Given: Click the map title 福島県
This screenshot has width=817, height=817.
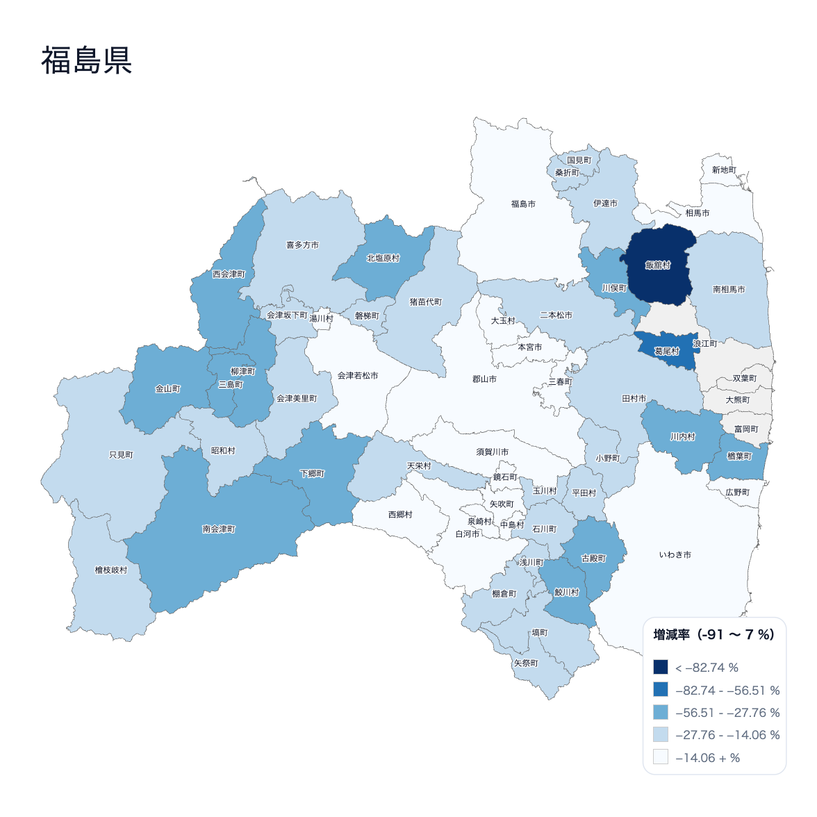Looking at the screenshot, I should click(x=86, y=60).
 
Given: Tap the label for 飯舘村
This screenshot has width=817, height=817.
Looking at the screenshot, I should click(x=658, y=265).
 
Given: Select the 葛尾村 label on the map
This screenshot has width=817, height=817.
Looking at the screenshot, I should click(x=666, y=352).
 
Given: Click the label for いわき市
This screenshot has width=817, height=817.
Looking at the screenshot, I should click(x=675, y=555).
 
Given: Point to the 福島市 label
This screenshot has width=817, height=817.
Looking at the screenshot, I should click(x=523, y=204).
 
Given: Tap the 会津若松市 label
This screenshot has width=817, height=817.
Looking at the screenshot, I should click(x=358, y=376).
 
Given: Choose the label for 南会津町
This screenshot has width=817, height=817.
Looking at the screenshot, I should click(x=219, y=529).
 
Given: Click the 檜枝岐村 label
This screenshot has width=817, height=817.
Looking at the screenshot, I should click(x=111, y=570).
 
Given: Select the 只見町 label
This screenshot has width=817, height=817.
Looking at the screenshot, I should click(x=121, y=455).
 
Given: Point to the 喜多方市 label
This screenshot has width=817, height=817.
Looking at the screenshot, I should click(x=302, y=245).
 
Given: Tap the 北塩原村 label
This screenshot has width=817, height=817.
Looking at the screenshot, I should click(x=383, y=258).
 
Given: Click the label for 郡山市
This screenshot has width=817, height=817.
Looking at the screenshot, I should click(x=484, y=379).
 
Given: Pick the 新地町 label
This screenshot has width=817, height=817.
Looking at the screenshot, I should click(x=724, y=170).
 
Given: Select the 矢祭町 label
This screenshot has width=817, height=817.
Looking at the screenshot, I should click(x=526, y=663).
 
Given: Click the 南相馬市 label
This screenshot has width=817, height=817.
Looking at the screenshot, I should click(x=729, y=290).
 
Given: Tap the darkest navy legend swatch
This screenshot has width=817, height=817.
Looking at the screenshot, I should click(x=661, y=668).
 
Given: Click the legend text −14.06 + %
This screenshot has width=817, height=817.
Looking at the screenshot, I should click(x=707, y=758).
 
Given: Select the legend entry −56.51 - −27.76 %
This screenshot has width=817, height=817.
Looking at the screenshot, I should click(x=727, y=713).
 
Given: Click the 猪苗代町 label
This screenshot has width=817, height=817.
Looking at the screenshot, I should click(x=425, y=302).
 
